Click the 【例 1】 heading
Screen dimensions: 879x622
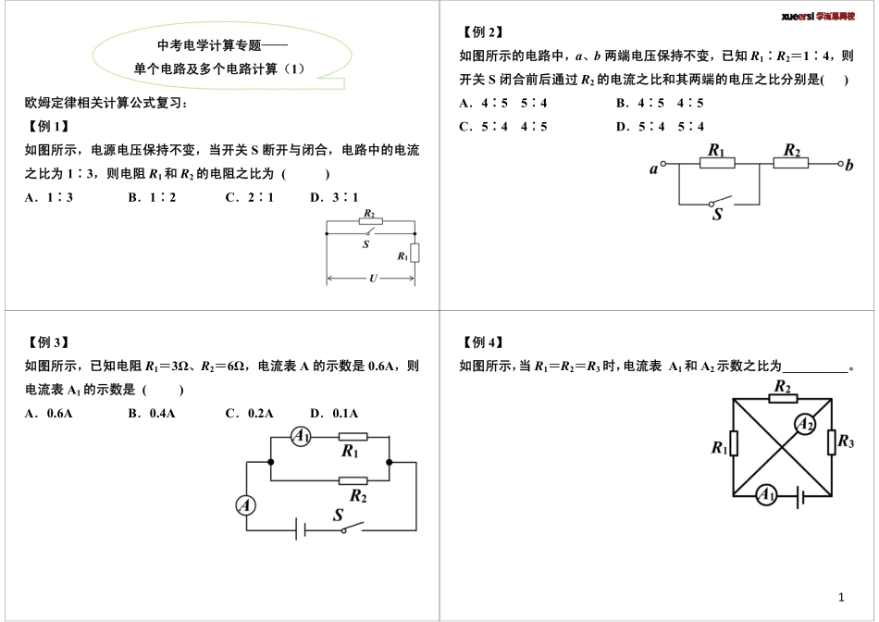point(48,126)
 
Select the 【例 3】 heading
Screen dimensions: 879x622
point(48,342)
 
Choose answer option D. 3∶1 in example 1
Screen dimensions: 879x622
point(334,196)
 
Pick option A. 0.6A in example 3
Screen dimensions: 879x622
point(49,413)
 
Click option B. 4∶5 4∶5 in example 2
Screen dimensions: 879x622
point(660,103)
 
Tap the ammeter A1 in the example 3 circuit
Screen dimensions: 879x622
point(301,436)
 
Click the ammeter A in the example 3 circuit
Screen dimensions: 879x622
point(245,504)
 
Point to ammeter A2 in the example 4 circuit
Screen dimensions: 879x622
point(806,424)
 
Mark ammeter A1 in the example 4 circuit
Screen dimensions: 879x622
point(766,495)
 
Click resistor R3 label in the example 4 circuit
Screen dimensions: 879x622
point(846,442)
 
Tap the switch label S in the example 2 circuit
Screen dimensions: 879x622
point(717,215)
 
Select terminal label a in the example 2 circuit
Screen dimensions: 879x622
point(654,168)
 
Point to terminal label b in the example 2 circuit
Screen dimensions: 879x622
point(850,166)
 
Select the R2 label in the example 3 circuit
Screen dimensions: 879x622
point(358,497)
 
